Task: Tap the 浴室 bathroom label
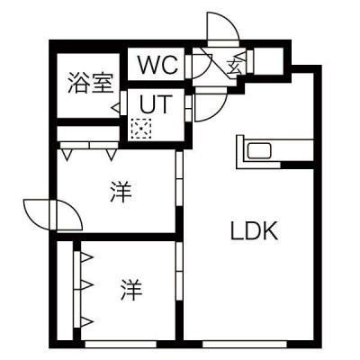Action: coord(91,83)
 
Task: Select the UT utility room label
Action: coord(157,103)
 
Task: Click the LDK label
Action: coord(254,230)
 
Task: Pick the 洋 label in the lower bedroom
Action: coord(131,290)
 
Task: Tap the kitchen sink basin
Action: coord(259,150)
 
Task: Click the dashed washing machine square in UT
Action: coord(141,129)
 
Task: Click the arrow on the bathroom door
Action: coord(116,106)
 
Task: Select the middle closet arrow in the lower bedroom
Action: coord(87,284)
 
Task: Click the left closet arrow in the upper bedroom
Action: coord(67,155)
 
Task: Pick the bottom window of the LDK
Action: coord(244,344)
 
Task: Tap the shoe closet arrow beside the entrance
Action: coord(241,56)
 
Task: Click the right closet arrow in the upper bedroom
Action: coord(111,155)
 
